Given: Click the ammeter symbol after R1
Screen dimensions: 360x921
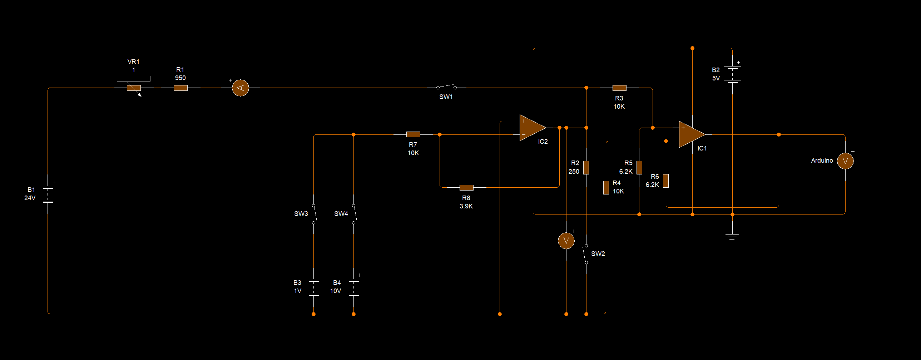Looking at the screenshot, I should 240,88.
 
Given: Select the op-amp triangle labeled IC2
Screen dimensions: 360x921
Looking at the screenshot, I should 531,128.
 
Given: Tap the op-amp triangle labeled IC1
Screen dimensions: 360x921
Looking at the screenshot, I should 691,134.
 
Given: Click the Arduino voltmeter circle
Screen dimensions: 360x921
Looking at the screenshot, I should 845,161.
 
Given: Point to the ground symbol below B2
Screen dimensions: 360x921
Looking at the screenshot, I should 732,236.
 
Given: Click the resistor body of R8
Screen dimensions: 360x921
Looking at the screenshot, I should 466,187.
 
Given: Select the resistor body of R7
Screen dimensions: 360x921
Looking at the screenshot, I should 413,134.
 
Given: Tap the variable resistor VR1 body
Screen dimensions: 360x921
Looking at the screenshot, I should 134,88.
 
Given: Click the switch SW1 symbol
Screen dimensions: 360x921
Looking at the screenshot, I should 446,87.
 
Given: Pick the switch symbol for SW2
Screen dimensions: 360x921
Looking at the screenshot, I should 585,254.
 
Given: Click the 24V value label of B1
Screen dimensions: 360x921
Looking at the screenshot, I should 30,198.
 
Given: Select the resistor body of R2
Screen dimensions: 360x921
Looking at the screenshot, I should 586,167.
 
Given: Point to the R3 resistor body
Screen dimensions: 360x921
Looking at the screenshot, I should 619,88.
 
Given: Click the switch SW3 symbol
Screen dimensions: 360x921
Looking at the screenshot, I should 314,214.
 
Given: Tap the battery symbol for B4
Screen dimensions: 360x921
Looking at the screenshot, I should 353,288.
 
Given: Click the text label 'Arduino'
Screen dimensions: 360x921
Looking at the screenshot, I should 822,161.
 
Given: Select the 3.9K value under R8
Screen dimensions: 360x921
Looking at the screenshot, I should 466,206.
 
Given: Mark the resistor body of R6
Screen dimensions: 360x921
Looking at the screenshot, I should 666,181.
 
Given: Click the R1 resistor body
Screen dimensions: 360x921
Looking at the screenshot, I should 180,88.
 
